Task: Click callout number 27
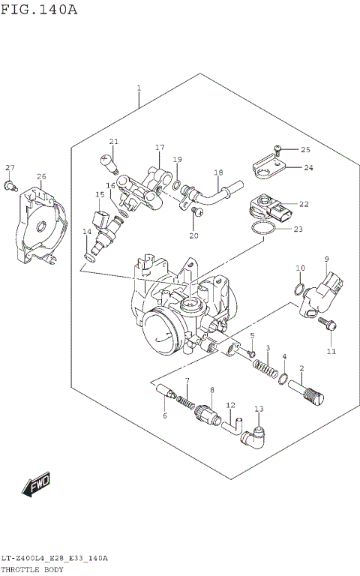click(10, 167)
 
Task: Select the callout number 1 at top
click(139, 88)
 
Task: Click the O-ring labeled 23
click(261, 229)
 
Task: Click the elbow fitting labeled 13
click(256, 436)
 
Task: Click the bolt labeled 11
click(327, 325)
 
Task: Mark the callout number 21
click(113, 141)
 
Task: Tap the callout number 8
click(212, 390)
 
